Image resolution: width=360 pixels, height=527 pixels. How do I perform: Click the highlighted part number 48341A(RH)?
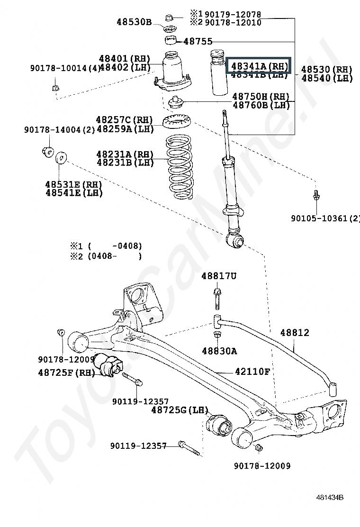click(x=259, y=65)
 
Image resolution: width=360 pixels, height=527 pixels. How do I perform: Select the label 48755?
click(x=198, y=41)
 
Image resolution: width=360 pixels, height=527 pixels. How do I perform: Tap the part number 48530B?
click(x=134, y=22)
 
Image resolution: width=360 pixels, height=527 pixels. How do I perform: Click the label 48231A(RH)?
click(x=125, y=154)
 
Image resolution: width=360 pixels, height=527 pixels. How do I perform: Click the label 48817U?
click(x=218, y=276)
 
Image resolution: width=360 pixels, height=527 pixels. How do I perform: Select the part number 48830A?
click(x=219, y=351)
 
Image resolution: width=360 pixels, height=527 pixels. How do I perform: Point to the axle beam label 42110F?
click(x=252, y=372)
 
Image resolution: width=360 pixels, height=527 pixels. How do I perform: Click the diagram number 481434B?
click(x=330, y=497)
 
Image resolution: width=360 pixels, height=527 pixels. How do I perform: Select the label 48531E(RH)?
click(x=74, y=184)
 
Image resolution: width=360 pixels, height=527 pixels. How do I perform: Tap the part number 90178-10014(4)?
click(x=65, y=68)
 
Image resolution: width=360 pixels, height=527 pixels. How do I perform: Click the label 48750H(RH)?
click(x=261, y=96)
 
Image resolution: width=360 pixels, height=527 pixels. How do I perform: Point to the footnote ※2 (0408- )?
click(x=106, y=256)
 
